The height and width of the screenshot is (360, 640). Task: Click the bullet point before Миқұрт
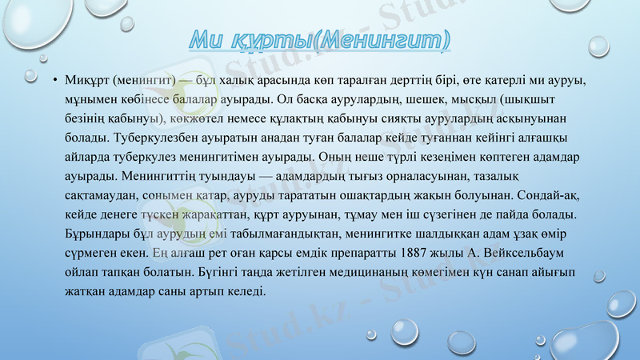pos(54,82)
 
